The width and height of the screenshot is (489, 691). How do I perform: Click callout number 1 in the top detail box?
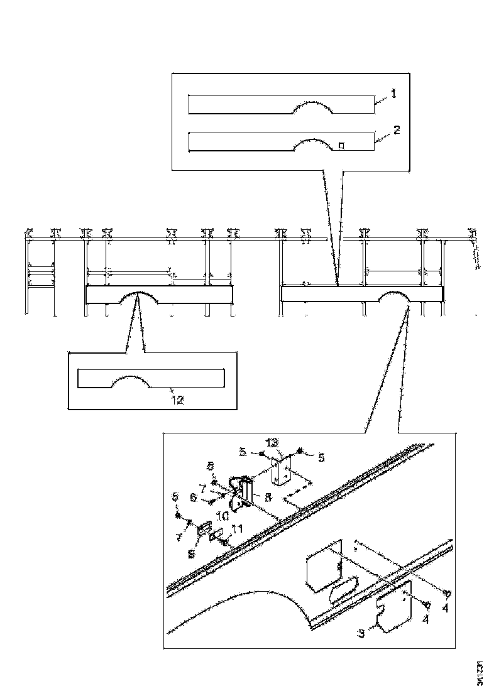point(394,94)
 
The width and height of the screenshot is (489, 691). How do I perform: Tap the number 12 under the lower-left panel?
point(178,399)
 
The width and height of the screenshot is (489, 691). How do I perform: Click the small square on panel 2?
point(341,146)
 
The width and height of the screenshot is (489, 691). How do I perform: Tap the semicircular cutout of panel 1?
point(314,107)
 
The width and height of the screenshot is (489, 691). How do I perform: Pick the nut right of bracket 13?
point(301,451)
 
